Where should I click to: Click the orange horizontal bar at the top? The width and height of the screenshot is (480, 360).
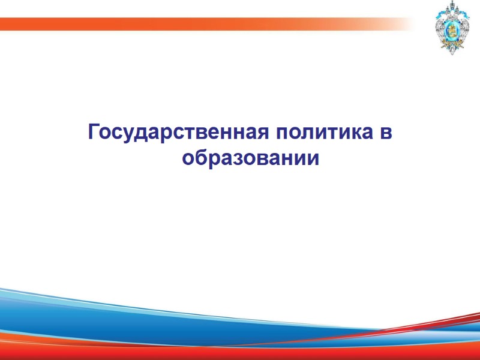pyautogui.click(x=180, y=23)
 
